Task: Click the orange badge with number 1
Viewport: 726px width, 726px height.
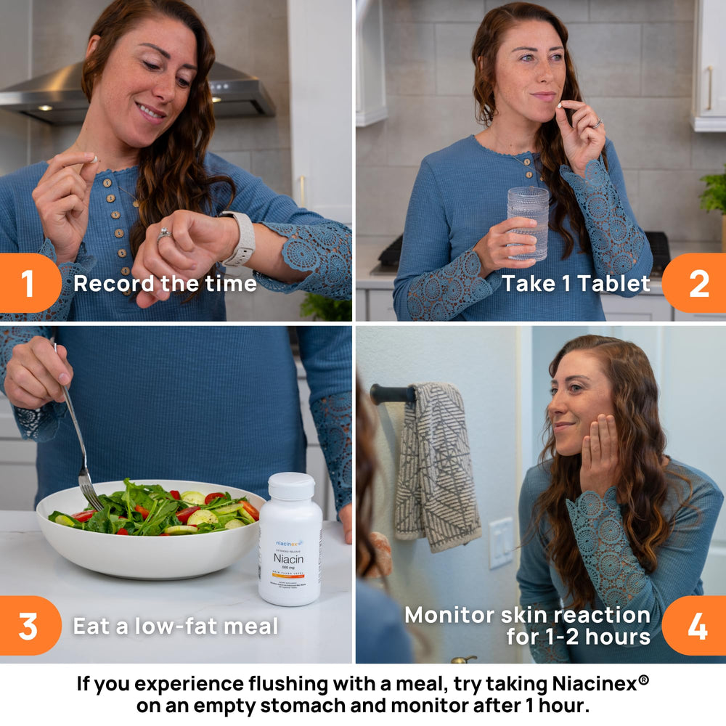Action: pos(28,283)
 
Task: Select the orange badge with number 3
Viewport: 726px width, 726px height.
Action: pos(28,626)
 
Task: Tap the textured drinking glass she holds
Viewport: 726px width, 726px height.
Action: pos(528,221)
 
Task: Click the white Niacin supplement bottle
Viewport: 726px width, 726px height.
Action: pos(290,544)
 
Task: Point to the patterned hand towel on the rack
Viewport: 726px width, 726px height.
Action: pos(436,465)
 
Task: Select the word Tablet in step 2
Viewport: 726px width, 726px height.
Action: pos(614,284)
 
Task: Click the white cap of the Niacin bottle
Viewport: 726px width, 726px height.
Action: pos(290,486)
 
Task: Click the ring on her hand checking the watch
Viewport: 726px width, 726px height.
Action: pos(164,234)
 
